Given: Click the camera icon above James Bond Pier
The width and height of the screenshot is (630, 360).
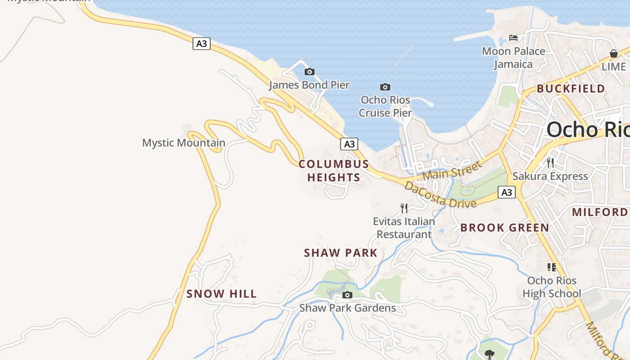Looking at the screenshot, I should point(310,72).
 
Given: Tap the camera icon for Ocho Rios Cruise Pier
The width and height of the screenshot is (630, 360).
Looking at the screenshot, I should point(385,87).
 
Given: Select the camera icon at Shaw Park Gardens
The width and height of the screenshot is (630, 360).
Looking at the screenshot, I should point(347,295).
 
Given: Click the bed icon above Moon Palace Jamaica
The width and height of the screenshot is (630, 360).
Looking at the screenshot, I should point(513,37).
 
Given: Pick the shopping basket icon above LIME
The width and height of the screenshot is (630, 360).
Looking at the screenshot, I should point(613,54).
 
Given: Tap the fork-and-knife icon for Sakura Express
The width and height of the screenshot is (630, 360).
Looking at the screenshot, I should point(550,162).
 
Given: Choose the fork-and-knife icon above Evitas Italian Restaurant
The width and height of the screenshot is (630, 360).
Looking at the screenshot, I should point(404,208).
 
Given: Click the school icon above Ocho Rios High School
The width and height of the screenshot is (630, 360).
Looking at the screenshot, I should point(552,267).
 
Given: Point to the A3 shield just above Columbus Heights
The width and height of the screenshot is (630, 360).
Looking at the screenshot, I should point(349,144).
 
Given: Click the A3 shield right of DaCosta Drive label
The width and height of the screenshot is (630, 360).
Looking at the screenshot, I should point(507,192).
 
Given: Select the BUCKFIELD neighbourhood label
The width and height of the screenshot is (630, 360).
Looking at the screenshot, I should point(571,89).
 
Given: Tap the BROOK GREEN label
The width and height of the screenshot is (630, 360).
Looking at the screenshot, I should point(504,228).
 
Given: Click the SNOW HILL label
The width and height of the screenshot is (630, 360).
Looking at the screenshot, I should point(221,294).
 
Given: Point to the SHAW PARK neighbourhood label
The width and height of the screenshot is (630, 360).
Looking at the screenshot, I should point(341,253).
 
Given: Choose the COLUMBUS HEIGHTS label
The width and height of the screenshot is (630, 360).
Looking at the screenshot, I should point(334,171).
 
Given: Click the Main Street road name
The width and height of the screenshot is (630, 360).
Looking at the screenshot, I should point(452,170).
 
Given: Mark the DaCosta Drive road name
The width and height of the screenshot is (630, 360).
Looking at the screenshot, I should point(440,194).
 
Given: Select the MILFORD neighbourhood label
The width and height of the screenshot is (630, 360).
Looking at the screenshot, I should point(599,212).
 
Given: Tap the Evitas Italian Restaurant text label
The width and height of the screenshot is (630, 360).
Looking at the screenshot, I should point(404,228).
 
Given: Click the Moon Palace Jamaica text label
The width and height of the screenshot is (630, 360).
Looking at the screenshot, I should point(513,58).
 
